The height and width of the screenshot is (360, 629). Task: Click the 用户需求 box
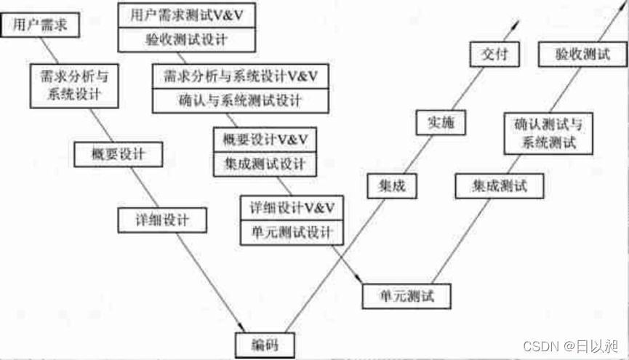41,25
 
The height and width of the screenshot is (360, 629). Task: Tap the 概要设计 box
118,155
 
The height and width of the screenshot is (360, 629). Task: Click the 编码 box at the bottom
264,344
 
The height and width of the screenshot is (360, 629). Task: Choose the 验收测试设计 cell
187,40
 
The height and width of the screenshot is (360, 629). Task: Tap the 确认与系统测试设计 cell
241,100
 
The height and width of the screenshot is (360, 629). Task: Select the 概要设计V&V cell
265,139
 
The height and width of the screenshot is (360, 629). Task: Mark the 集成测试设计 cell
265,163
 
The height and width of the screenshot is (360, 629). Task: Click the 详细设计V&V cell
292,207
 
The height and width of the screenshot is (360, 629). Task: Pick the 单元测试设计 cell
292,232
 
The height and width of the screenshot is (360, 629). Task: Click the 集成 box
392,185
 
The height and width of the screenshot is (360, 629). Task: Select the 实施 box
440,123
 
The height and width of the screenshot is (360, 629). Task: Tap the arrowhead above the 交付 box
518,24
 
